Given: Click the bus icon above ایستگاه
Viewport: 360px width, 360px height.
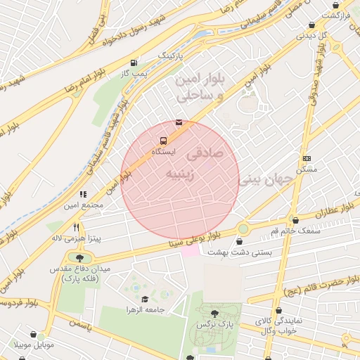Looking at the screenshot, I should coord(164,141).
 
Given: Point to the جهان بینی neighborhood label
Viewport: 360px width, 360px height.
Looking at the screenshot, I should coord(270,180).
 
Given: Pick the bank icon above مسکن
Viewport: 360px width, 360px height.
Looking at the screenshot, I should coord(307,158).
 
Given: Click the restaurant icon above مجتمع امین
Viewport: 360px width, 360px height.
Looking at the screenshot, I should coord(83,194).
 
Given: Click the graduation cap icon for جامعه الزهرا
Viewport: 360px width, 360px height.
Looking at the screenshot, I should coord(145,299).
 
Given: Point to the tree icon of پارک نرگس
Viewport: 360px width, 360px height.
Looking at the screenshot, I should coord(214,314).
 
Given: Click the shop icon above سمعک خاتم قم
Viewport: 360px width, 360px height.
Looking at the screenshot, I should coord(295,220).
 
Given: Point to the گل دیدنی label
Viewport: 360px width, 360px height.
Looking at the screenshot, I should coord(315,35).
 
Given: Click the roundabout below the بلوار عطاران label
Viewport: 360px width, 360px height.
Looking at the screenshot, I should coord(243,228).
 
